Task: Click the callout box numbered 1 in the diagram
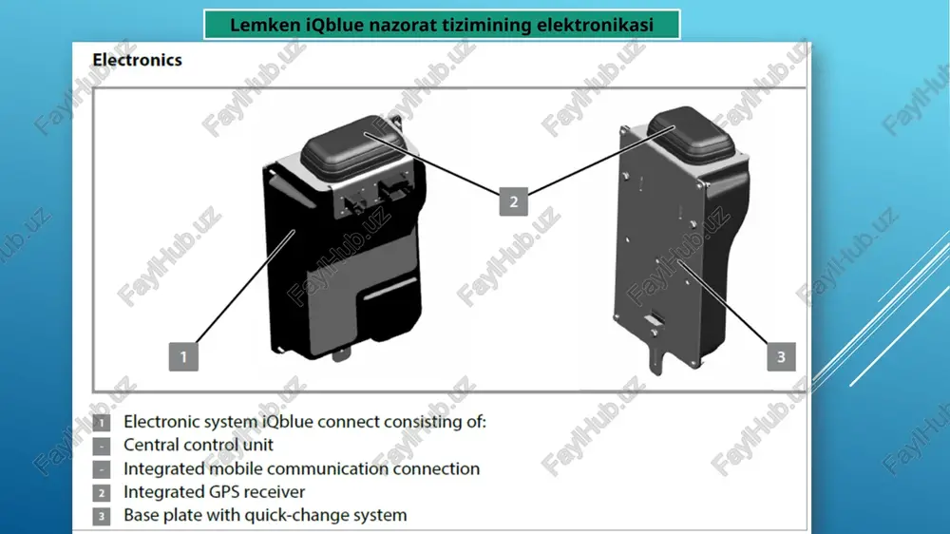[x=183, y=356]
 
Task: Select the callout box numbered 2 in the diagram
[x=513, y=201]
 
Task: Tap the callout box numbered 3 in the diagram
[x=781, y=356]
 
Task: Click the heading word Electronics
[x=137, y=60]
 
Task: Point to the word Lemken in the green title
[x=265, y=25]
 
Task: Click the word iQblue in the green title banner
[x=335, y=26]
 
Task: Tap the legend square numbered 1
[x=102, y=423]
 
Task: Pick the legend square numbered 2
[x=102, y=493]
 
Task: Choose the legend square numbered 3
[x=102, y=516]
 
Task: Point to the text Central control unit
[x=199, y=445]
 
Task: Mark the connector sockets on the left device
[x=375, y=195]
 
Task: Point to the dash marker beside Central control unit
[x=102, y=447]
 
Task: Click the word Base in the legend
[x=142, y=515]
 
